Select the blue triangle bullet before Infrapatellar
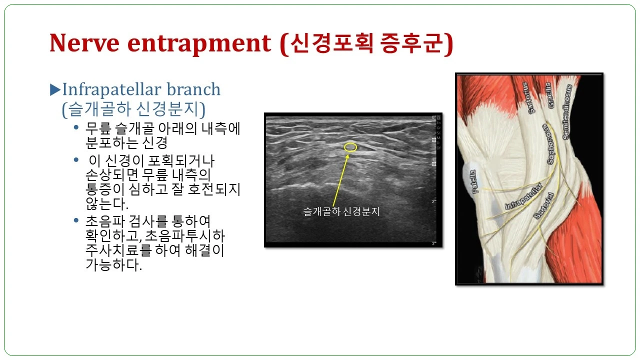(55, 90)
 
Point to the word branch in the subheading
(193, 90)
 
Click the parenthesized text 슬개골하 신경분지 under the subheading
(134, 108)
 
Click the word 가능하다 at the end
(114, 265)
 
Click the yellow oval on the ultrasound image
(351, 147)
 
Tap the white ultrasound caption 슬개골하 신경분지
(341, 211)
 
